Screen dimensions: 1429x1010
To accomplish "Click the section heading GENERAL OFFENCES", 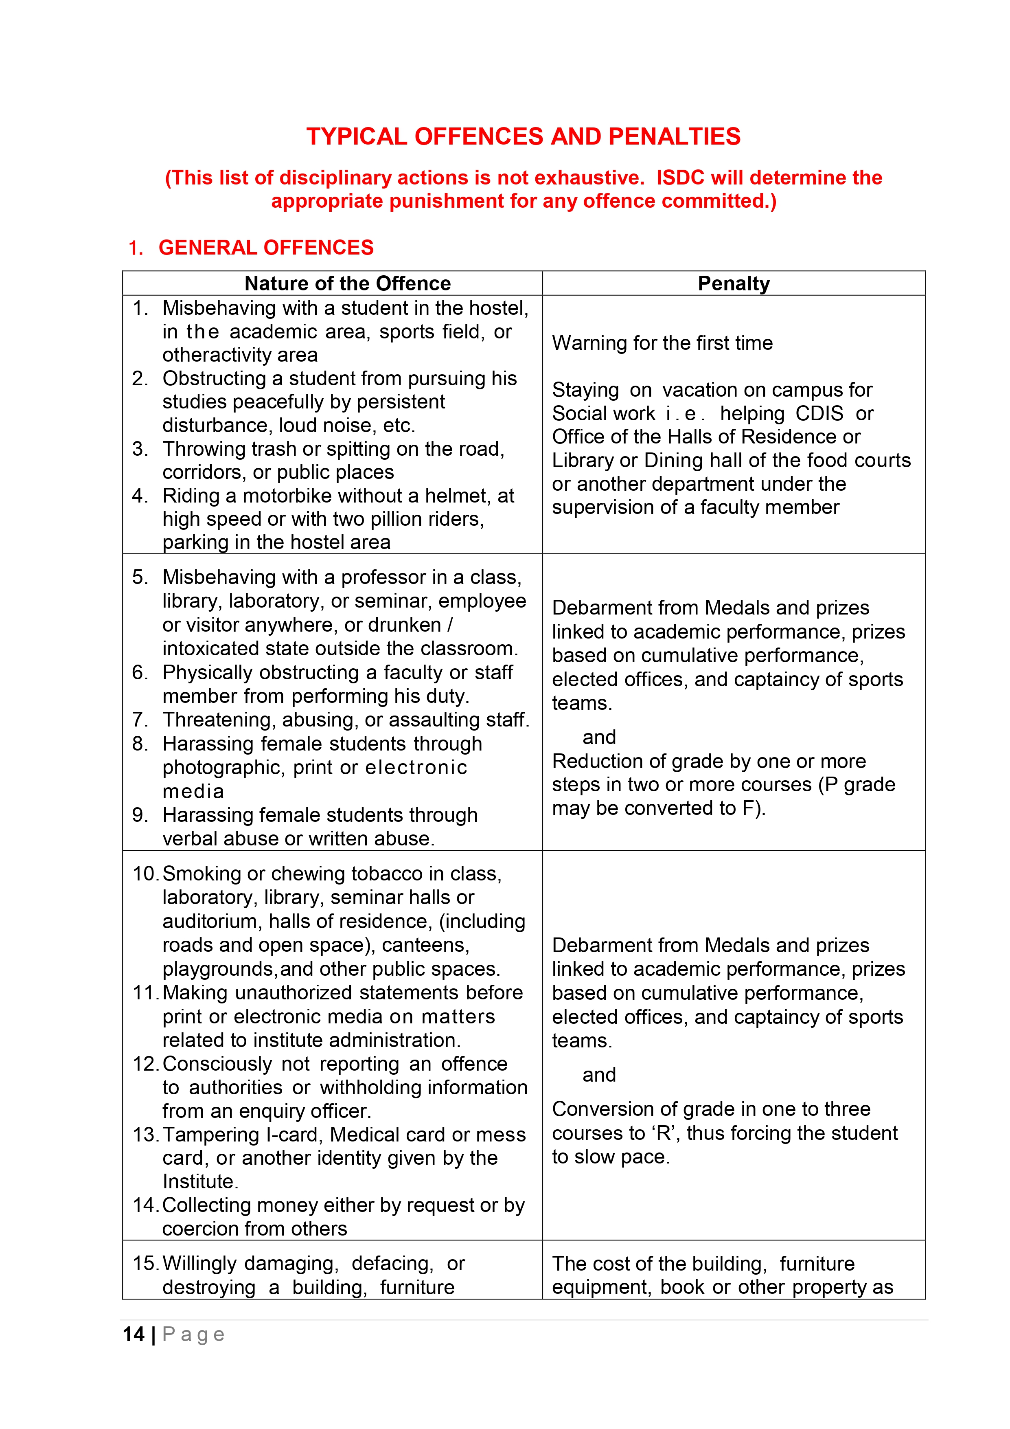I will click(x=266, y=248).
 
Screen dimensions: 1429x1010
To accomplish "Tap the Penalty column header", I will click(x=733, y=284).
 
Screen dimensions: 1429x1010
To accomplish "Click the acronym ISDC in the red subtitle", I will click(x=680, y=178).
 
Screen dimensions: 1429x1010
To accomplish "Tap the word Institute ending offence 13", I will click(x=199, y=1181).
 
